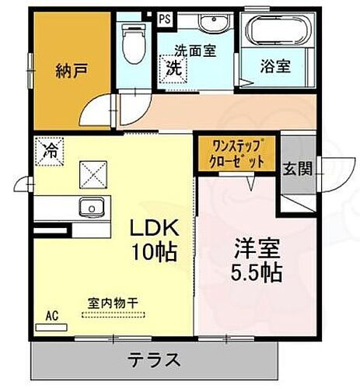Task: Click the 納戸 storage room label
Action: (x=71, y=71)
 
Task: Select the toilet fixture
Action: (x=135, y=45)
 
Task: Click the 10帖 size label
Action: (x=153, y=252)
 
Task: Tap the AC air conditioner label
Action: (x=52, y=315)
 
